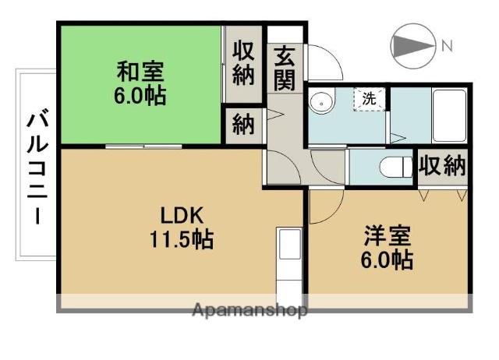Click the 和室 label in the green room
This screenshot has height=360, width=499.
click(140, 72)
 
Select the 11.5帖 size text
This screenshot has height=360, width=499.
click(182, 239)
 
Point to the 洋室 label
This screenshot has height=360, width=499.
click(388, 235)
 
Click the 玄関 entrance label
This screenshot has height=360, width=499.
click(284, 68)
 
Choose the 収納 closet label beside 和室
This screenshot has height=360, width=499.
click(243, 64)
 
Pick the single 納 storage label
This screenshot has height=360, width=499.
click(243, 125)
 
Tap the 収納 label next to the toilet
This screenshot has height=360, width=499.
click(442, 165)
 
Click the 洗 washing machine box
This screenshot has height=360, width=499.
click(369, 99)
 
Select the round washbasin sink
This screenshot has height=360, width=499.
click(321, 101)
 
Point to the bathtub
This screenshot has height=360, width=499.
click(449, 116)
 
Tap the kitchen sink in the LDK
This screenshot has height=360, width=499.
click(289, 244)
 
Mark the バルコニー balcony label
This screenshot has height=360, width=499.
click(38, 166)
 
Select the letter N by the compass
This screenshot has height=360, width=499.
click(447, 47)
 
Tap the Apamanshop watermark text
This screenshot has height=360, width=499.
click(249, 309)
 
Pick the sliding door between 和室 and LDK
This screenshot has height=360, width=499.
click(143, 146)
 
